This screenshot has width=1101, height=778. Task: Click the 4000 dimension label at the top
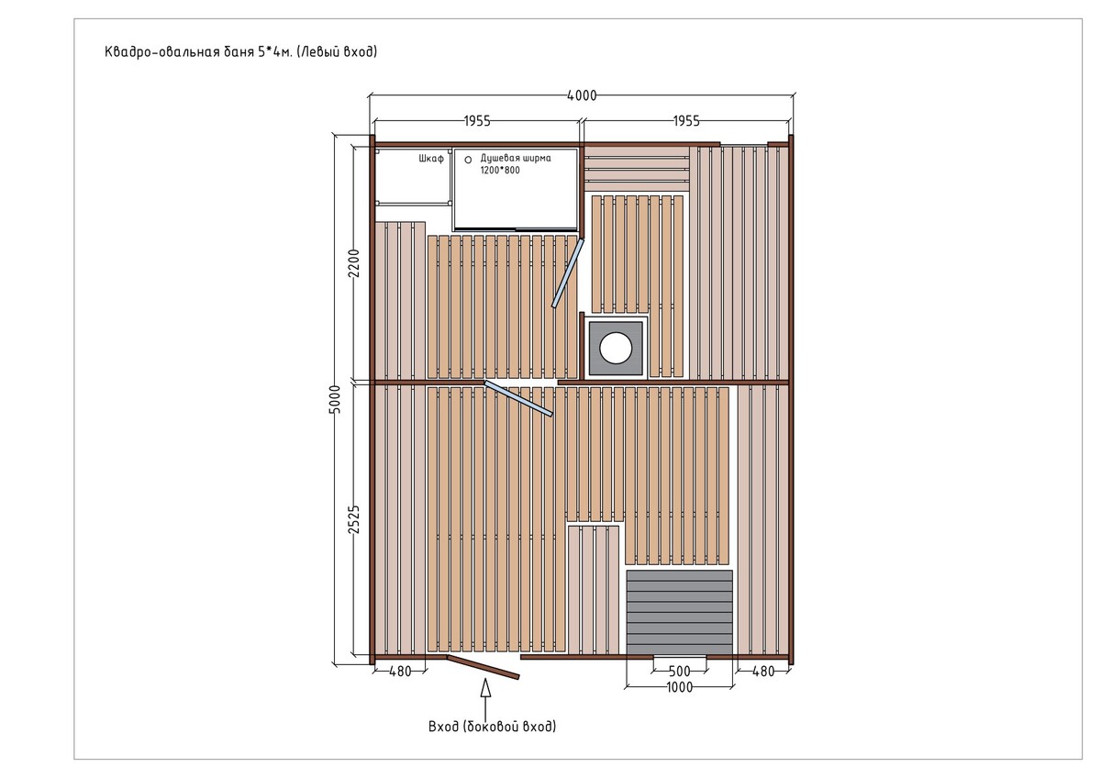[x=582, y=95]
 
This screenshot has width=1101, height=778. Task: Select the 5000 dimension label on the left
[x=334, y=400]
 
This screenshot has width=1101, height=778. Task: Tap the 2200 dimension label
[x=354, y=263]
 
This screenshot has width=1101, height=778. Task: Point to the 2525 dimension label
[x=354, y=519]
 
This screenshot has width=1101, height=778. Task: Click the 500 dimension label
[x=680, y=671]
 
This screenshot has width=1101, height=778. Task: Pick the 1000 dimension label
[x=680, y=687]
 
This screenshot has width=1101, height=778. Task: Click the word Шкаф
[x=431, y=158]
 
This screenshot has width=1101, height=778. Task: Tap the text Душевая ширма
[x=516, y=158]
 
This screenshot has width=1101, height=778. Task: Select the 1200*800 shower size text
[x=500, y=171]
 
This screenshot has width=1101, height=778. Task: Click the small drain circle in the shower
[x=468, y=160]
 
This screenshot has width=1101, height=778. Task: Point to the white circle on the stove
[x=616, y=348]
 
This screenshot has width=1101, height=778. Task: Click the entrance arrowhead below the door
[x=485, y=687]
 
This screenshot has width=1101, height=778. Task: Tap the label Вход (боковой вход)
[x=492, y=727]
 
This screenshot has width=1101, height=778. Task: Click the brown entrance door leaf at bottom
[x=483, y=666]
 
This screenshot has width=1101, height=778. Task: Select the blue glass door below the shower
[x=568, y=273]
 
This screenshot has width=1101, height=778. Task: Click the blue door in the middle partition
[x=518, y=398]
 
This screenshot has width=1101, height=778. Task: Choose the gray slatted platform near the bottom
[x=679, y=612]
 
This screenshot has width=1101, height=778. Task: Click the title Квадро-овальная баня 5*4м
[x=198, y=51]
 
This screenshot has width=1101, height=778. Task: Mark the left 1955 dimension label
[x=477, y=121]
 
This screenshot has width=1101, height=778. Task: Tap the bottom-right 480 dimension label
[x=763, y=672]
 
